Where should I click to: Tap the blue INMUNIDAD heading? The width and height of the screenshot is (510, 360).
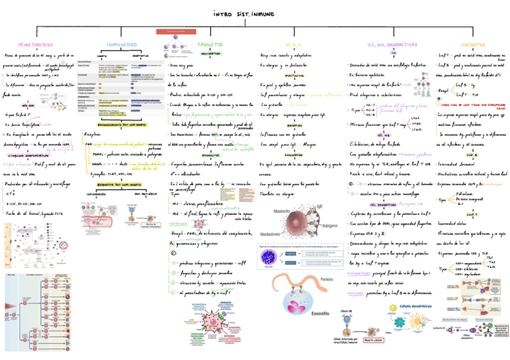point(121,44)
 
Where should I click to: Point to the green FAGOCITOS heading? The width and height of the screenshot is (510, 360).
point(210,44)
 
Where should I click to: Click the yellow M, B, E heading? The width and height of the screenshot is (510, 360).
point(293,44)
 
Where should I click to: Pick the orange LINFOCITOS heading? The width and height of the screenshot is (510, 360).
point(475,44)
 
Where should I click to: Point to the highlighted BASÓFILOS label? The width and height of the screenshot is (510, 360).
point(294,125)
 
